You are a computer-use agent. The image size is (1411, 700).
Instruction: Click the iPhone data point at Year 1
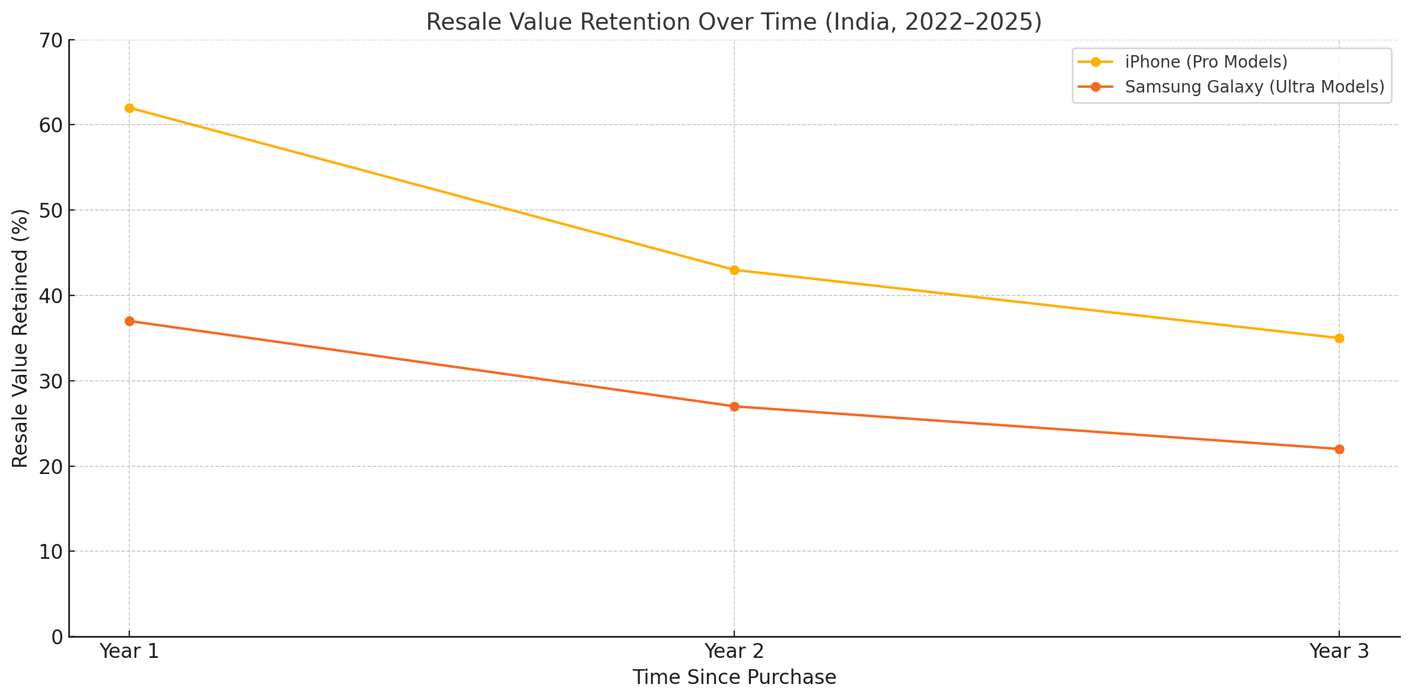(x=129, y=108)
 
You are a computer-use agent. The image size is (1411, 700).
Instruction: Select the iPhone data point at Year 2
(x=734, y=270)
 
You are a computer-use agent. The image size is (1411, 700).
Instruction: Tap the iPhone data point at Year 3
(x=1339, y=338)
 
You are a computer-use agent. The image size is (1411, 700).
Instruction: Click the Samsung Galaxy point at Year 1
(x=129, y=321)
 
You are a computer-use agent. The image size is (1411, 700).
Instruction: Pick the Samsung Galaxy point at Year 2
(x=734, y=406)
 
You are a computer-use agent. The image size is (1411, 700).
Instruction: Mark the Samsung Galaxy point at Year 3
(x=1339, y=449)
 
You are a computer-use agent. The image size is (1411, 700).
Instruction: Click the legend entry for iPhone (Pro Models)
(x=1206, y=62)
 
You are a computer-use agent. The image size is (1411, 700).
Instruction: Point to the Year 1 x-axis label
(x=129, y=651)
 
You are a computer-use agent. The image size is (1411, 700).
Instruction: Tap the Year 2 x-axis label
(x=734, y=651)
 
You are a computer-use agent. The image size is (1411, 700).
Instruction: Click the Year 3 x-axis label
(x=1339, y=651)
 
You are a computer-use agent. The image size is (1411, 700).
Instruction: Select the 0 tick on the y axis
(x=56, y=637)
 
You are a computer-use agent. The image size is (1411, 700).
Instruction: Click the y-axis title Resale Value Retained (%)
(x=20, y=338)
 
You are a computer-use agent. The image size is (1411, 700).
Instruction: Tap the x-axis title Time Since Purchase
(x=734, y=677)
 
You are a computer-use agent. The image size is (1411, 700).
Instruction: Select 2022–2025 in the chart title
(x=972, y=22)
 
